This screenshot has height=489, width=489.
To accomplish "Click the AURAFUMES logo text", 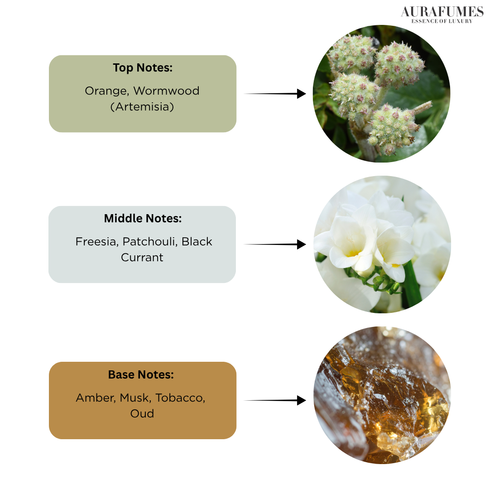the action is tap(442, 12).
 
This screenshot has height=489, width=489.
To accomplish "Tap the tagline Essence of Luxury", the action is tap(442, 21).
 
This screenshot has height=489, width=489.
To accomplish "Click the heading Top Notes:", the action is tap(143, 68).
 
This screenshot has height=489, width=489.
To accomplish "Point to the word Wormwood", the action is tap(166, 91).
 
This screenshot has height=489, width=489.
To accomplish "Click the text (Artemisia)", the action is tap(142, 107).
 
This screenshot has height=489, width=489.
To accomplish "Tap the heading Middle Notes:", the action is tap(143, 218).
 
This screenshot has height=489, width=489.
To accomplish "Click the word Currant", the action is tap(142, 258).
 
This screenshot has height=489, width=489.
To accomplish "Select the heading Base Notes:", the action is tap(141, 374).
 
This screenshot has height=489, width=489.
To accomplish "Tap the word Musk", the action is tap(135, 398).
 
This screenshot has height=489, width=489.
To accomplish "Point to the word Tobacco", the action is tap(180, 398).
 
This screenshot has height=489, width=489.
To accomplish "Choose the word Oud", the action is tap(142, 413).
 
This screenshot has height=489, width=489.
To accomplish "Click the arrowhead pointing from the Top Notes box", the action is tap(301, 94).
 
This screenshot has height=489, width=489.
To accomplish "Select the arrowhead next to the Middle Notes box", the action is tap(301, 244).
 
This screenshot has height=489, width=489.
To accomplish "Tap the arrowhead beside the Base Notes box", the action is tap(301, 400).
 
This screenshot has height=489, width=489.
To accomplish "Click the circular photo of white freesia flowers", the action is tap(382, 244).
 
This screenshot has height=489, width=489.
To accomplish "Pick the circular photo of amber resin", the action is tap(382, 395).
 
